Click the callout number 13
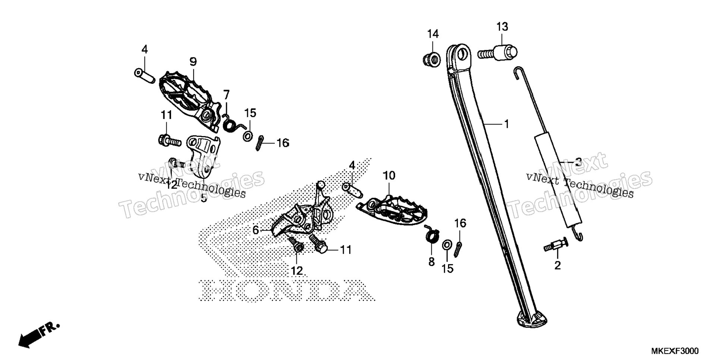pos(502,27)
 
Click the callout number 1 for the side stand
pos(506,124)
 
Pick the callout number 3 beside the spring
pos(578,162)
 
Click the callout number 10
pos(389,176)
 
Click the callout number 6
pos(255,230)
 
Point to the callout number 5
pos(204,198)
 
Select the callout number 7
pos(226,95)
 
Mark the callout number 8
pos(431,262)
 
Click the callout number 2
pos(557,266)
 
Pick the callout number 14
pos(433,34)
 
